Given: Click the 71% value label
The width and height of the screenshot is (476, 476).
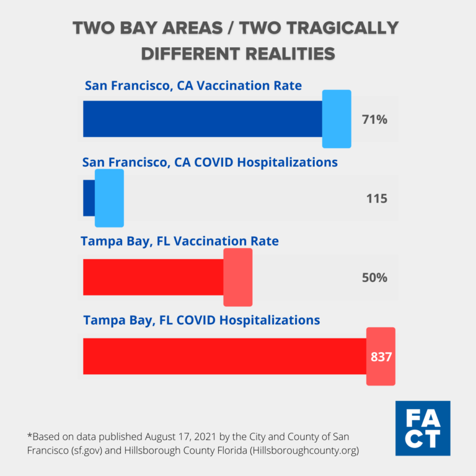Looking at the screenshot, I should (374, 120).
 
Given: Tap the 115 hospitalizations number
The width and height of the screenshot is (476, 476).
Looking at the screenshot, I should (376, 198).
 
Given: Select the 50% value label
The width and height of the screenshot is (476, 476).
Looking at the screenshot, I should (374, 278).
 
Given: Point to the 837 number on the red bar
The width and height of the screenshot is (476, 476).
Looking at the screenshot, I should (381, 357).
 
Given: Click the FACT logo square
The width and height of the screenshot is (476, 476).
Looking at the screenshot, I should (422, 428).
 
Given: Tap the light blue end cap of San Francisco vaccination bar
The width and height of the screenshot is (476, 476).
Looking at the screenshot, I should (337, 119).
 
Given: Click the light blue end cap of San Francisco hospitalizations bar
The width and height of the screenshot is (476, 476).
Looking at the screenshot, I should (109, 198).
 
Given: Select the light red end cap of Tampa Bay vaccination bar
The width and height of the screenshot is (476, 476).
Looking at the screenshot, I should (237, 277).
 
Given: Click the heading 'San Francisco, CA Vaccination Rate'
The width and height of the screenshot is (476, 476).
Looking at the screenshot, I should (193, 86).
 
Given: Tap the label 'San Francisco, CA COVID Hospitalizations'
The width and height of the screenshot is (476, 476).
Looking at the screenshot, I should (210, 162).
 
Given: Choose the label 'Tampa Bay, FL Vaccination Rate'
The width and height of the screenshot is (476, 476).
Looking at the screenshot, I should (180, 241).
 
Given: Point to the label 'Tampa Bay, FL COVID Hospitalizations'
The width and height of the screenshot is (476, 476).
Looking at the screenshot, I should (201, 320).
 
